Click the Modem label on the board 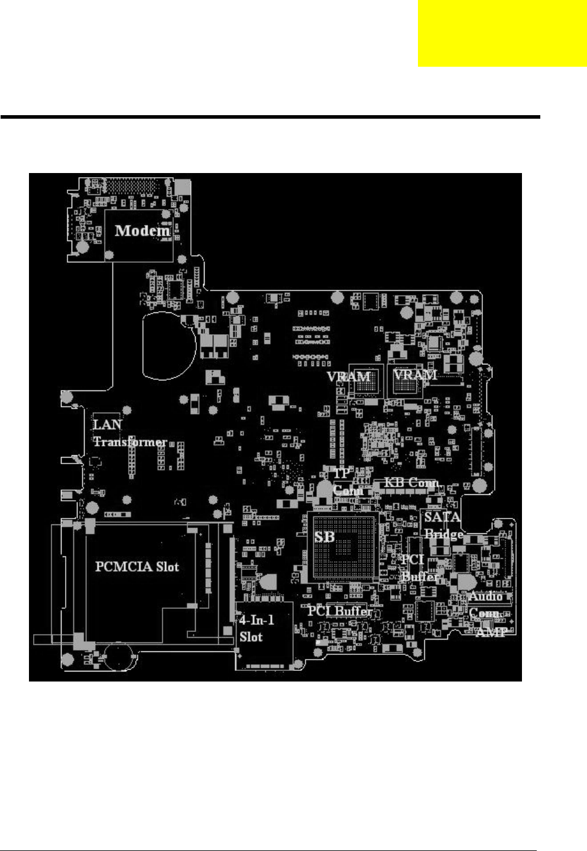click(142, 230)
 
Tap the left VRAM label click(349, 376)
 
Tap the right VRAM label click(415, 374)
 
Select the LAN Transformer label click(129, 433)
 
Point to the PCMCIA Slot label click(137, 567)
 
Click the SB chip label click(325, 537)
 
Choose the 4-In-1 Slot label click(257, 628)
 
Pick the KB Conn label click(411, 482)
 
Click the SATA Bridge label click(443, 526)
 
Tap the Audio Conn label click(485, 605)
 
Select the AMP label click(490, 632)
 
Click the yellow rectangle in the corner click(502, 34)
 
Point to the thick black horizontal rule click(270, 117)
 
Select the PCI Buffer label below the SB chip click(339, 611)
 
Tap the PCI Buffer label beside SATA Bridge click(419, 568)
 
